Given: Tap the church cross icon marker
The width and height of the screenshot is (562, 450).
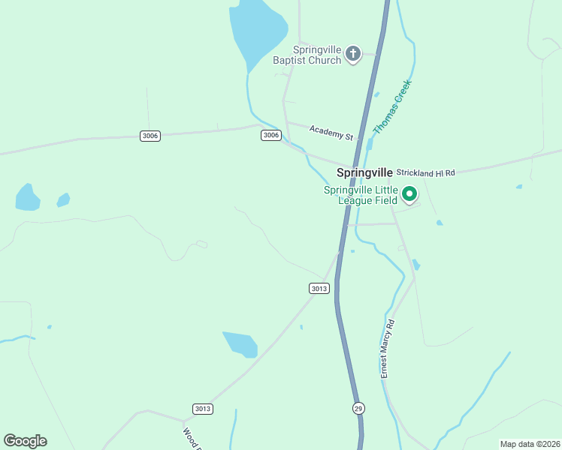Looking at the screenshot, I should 353,53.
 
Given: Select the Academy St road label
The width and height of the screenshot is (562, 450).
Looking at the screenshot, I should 331,133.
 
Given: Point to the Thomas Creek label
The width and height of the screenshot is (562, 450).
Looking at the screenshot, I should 393,107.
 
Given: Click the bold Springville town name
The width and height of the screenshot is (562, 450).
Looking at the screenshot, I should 364,172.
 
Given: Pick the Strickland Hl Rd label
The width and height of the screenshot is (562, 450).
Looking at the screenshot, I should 426,172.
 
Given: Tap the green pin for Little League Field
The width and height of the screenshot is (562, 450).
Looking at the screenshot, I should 409,195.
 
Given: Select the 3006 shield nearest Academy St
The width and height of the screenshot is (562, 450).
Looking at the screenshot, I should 271,135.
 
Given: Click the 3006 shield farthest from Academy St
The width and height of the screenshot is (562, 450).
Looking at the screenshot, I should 150,135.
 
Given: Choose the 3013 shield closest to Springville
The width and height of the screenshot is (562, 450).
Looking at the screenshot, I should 319,288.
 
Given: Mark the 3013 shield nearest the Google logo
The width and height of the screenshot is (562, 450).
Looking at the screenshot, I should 202,409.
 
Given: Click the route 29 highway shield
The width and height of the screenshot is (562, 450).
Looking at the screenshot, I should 358,407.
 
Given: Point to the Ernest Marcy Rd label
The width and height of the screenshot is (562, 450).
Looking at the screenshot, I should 387,348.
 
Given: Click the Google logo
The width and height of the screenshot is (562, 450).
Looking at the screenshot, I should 25,440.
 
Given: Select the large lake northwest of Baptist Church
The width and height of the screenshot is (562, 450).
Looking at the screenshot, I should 257,30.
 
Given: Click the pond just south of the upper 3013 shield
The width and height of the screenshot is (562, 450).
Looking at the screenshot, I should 241,343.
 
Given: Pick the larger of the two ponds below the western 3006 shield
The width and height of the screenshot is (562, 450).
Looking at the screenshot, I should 28,197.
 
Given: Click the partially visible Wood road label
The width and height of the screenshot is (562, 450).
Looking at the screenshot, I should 192,438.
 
